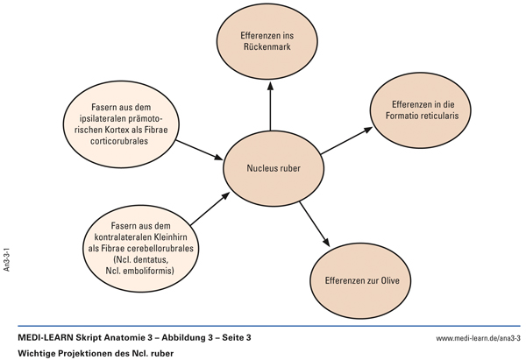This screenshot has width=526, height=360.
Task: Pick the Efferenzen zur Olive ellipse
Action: click(361, 282)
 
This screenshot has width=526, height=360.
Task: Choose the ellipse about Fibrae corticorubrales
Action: click(122, 124)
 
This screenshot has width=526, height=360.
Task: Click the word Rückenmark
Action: click(271, 44)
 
